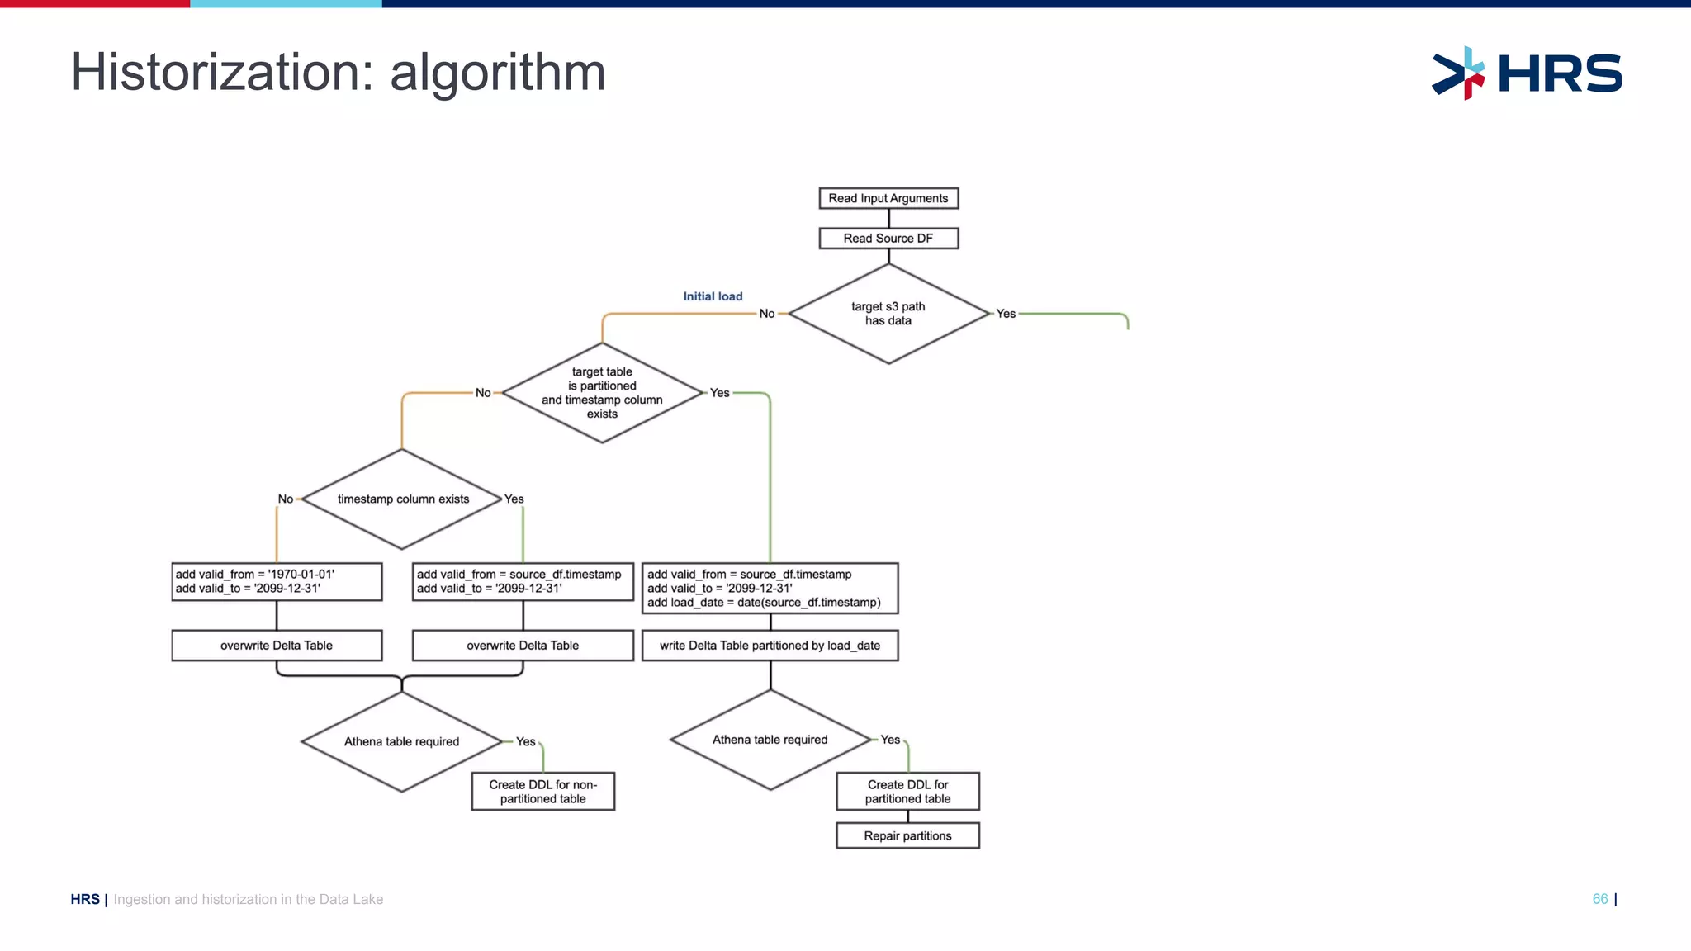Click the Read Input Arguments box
(888, 198)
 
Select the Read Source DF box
(888, 239)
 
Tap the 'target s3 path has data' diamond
(888, 314)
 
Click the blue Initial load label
(713, 296)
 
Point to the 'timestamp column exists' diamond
(402, 499)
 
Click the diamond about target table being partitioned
(602, 393)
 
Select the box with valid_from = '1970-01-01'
(277, 582)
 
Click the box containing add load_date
(770, 589)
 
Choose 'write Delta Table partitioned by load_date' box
(770, 646)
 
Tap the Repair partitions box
(907, 835)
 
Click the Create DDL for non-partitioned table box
(542, 792)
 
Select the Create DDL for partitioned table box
(907, 792)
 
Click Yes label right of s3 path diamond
(1006, 314)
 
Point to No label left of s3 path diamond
(767, 314)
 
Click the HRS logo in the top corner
(1527, 73)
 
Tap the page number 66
(1600, 899)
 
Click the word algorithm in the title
(497, 73)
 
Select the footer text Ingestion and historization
(248, 899)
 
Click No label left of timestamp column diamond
(285, 499)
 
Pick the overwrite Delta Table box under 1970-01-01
(277, 646)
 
